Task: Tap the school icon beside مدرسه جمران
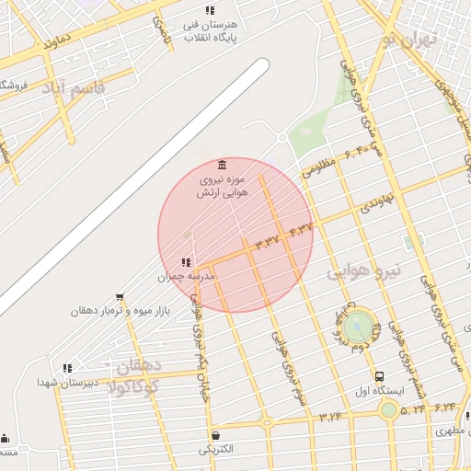click(188, 262)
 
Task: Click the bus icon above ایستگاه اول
click(379, 376)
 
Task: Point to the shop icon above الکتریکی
click(215, 435)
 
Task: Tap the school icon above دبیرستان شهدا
click(67, 368)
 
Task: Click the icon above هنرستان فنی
click(210, 10)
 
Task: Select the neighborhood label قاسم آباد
click(75, 90)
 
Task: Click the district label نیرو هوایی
click(365, 271)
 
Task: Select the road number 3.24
click(330, 417)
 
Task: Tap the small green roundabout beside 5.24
click(389, 408)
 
